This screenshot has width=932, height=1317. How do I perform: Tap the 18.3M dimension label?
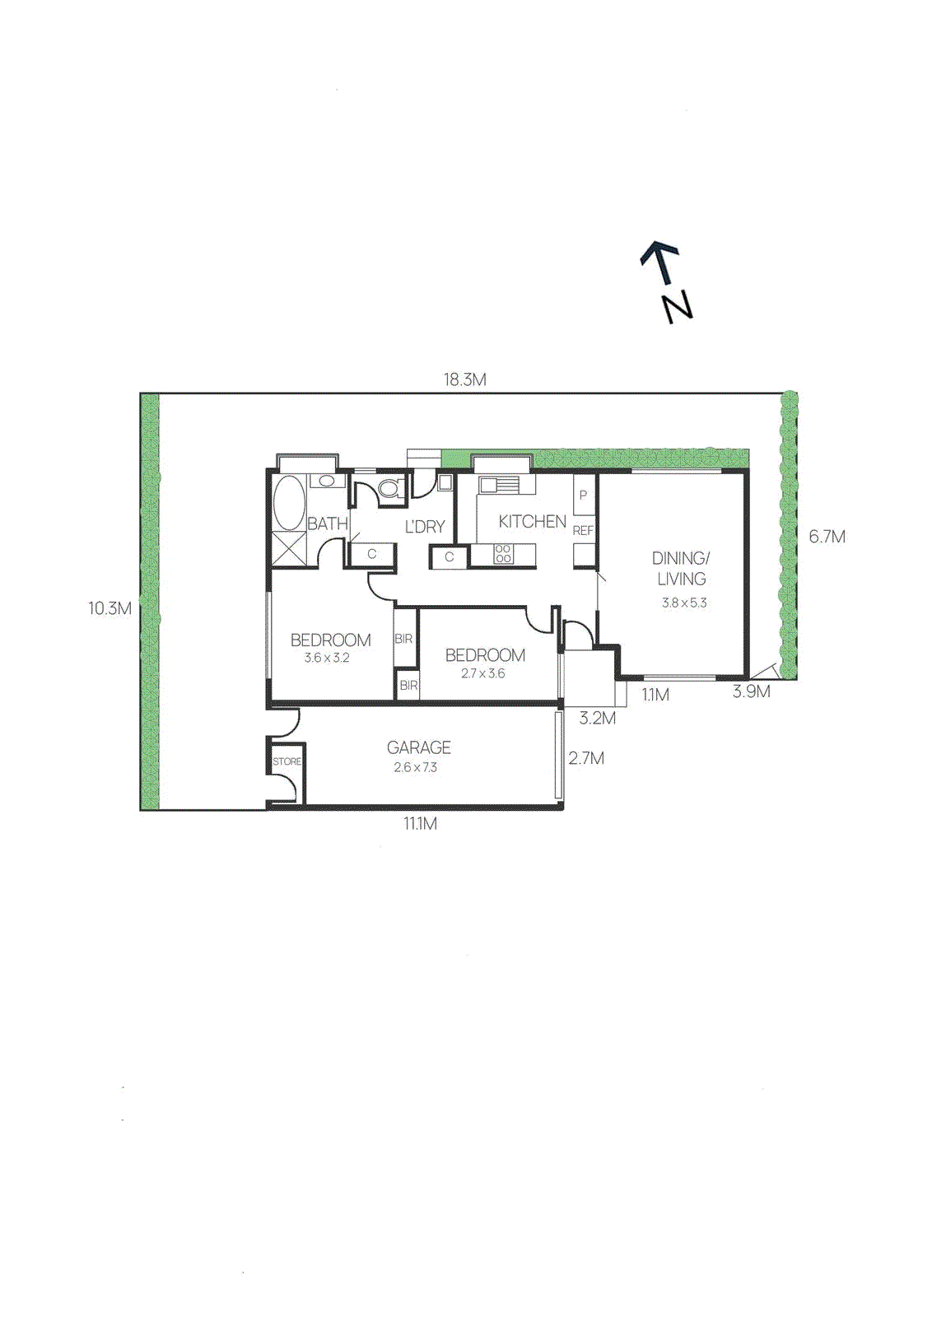click(x=465, y=379)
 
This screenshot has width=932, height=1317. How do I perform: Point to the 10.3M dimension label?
click(x=110, y=609)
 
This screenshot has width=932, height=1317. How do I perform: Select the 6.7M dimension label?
click(x=827, y=537)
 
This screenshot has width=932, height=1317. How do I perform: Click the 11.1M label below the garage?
click(x=420, y=823)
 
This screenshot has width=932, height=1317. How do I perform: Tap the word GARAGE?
click(x=418, y=747)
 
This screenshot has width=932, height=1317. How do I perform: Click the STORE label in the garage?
click(x=287, y=761)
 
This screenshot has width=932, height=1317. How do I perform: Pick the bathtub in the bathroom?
click(x=288, y=503)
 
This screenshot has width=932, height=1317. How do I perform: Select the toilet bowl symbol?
click(x=389, y=488)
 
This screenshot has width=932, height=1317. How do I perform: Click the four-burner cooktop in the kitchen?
click(x=503, y=554)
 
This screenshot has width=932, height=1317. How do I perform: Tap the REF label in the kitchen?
click(x=583, y=531)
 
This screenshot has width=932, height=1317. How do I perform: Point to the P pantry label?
click(x=583, y=496)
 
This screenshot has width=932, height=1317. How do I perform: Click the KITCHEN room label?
click(x=532, y=521)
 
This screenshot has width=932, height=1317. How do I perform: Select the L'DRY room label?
click(x=425, y=527)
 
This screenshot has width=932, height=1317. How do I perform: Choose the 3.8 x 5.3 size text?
click(x=684, y=603)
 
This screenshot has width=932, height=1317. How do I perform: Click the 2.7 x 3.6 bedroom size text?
click(x=483, y=673)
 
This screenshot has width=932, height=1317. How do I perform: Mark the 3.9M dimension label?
click(x=752, y=692)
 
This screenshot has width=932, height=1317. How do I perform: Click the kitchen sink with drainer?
click(x=499, y=484)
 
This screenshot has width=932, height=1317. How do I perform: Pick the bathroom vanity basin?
click(x=326, y=481)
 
